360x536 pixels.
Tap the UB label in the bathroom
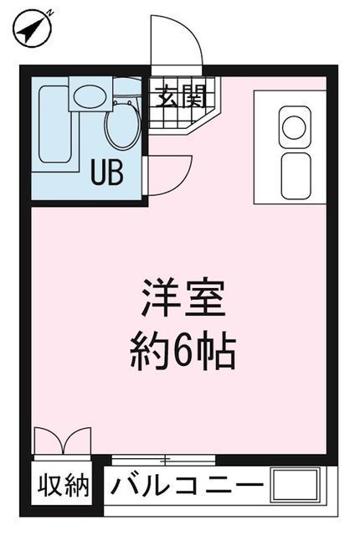pos(106,173)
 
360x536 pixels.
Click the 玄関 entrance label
pos(182,96)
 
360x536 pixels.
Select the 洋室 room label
pos(183,298)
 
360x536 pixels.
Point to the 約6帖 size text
pos(183,352)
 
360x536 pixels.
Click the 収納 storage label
pos(64,486)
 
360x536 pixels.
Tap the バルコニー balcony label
pos(187,485)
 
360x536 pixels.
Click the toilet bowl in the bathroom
pos(122,125)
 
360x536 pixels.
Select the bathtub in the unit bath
pos(55,124)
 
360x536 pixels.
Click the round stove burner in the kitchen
pos(294,127)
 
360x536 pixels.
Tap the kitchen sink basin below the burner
pos(296,176)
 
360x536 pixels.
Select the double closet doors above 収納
pos(63,441)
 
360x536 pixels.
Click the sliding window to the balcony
pos(163,460)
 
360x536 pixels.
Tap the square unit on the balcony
pos(296,485)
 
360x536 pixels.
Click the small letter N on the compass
pos(50,13)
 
